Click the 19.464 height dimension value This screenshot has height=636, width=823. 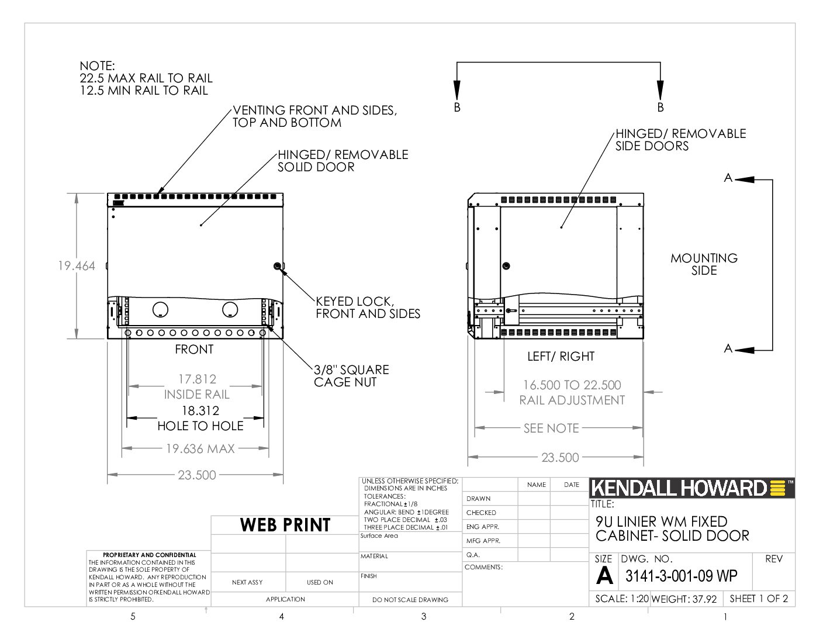[77, 266]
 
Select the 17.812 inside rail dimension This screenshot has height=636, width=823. [198, 379]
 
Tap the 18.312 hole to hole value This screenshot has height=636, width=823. [200, 410]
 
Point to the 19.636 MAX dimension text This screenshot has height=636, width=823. [200, 449]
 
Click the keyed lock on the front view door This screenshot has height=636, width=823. [277, 266]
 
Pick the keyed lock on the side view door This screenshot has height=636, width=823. [506, 266]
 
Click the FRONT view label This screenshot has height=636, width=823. [194, 349]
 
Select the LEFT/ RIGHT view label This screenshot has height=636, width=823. [561, 357]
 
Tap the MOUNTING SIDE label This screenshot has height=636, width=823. [704, 264]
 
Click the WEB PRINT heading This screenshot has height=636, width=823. [285, 525]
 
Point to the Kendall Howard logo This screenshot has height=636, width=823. [691, 488]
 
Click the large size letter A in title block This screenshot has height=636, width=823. [604, 576]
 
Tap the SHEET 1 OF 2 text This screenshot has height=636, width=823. [759, 599]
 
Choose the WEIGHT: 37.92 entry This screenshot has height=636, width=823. [684, 599]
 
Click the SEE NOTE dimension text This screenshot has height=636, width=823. [551, 428]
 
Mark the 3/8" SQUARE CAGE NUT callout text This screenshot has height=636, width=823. [351, 376]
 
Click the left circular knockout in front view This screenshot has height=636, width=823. [160, 309]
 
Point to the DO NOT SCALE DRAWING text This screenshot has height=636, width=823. [410, 600]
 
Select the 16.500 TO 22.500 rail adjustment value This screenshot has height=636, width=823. [572, 385]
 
